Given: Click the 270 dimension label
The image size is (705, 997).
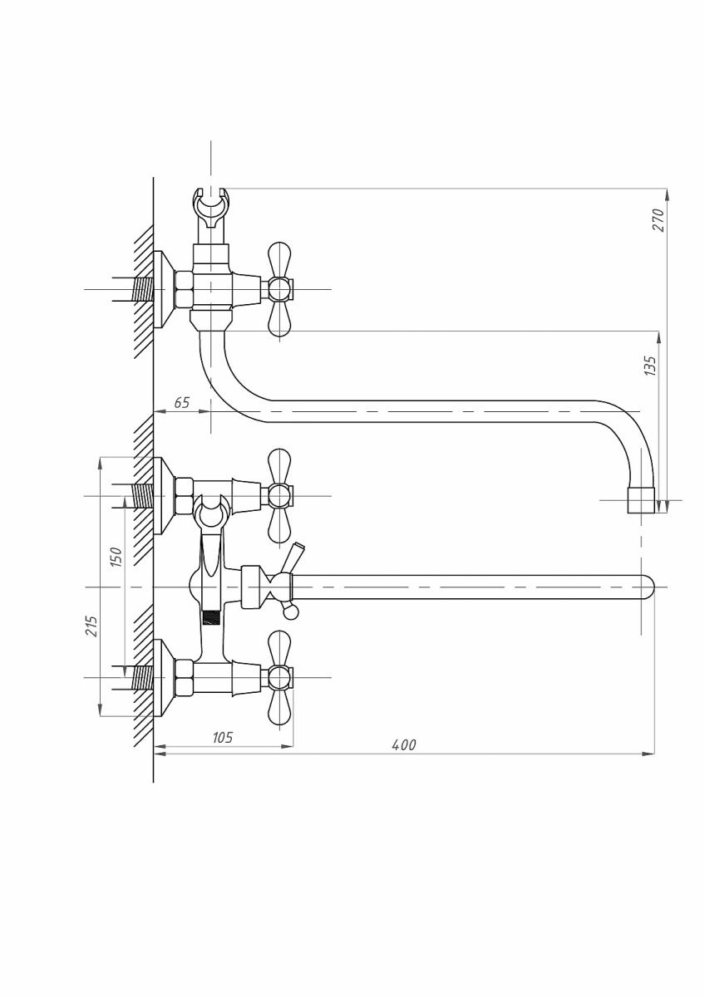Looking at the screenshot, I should tap(657, 219).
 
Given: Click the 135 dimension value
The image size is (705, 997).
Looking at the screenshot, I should tap(650, 366).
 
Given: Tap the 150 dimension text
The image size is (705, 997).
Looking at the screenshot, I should tap(116, 556).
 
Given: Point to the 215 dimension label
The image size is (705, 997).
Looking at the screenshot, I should tap(91, 626).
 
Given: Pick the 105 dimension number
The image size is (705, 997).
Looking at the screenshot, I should tap(221, 737).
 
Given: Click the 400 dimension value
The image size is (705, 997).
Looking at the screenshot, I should tap(403, 744).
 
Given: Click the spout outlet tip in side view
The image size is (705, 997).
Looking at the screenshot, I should tap(640, 501).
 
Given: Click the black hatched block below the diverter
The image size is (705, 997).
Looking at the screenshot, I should tap(214, 618).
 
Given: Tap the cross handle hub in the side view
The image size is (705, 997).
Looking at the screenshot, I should tap(279, 290).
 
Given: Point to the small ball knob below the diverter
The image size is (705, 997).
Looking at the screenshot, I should tap(289, 613).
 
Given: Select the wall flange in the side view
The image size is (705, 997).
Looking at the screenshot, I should tap(164, 290).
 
